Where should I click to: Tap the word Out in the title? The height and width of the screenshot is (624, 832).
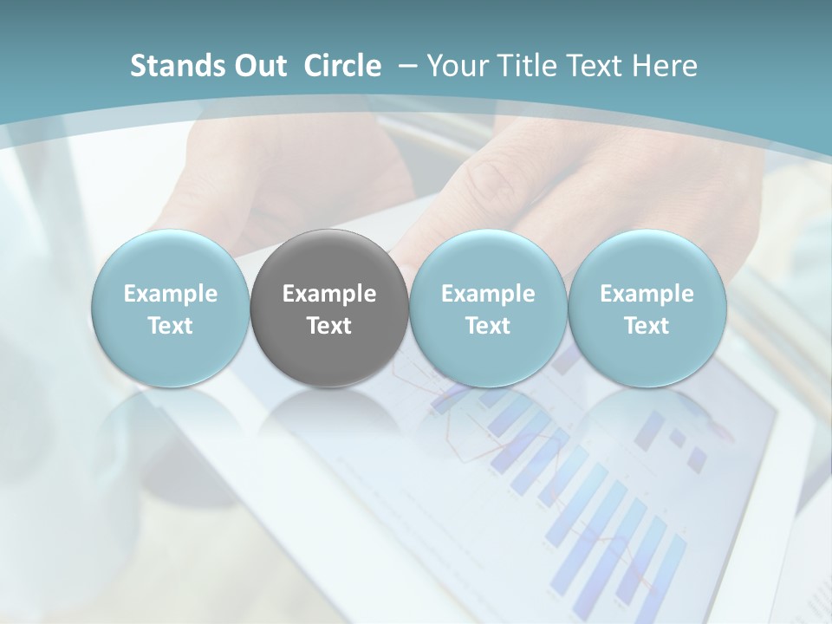258,66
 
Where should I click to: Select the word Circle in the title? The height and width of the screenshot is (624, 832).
342,66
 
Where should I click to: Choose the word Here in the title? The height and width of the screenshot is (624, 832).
664,66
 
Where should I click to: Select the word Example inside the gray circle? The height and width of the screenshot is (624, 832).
329,294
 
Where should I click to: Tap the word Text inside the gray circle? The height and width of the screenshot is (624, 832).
329,326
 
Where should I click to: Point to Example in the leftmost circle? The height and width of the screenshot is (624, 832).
171,294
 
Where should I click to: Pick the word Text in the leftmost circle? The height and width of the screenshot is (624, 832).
171,326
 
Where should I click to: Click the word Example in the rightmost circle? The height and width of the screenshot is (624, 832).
647,294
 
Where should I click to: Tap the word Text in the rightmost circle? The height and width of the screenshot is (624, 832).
647,326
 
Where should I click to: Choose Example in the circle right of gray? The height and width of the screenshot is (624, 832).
488,294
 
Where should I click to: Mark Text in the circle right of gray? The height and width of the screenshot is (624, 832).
488,326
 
